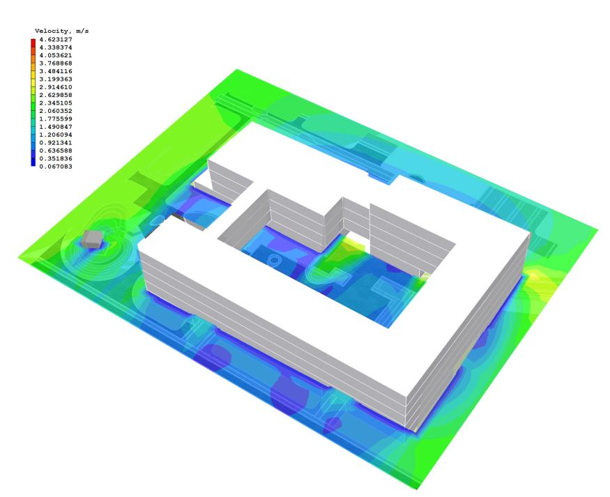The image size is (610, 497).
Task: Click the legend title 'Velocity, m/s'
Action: click(61, 31)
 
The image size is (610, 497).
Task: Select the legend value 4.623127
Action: click(56, 39)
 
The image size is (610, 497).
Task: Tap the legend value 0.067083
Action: click(56, 167)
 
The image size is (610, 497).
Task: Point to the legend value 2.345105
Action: click(56, 103)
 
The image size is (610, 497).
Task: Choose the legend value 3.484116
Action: click(56, 71)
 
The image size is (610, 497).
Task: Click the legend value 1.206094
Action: click(56, 135)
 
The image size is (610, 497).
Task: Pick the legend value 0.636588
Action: click(56, 151)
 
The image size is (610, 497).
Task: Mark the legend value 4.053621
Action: click(56, 55)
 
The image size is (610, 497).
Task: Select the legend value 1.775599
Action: click(56, 118)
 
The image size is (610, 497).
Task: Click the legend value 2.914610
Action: click(56, 87)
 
